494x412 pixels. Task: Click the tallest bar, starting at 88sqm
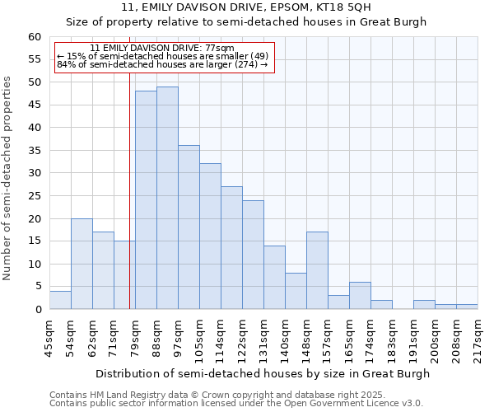tap(167, 198)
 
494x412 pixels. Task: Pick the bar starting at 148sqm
tap(317, 270)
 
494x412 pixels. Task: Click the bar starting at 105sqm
tap(210, 236)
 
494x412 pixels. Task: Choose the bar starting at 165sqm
tap(360, 295)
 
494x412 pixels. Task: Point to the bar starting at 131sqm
tap(274, 277)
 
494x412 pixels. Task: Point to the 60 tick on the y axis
tap(35, 37)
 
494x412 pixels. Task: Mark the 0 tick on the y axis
tap(38, 310)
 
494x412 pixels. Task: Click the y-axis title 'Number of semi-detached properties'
tap(8, 178)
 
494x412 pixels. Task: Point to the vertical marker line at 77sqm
tap(130, 190)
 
